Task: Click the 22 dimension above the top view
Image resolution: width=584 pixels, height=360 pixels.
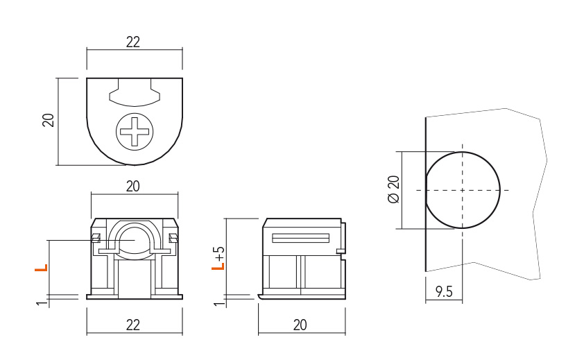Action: pos(133,42)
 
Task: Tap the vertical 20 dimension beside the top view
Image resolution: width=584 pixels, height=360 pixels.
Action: pos(49,120)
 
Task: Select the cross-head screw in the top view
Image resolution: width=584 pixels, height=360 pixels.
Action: pos(135,132)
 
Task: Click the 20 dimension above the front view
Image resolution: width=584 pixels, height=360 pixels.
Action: pos(133,186)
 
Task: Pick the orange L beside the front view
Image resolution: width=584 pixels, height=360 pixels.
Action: pos(42,268)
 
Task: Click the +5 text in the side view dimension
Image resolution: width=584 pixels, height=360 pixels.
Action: pos(220,253)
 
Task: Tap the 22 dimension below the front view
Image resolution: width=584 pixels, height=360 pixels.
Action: pos(133,325)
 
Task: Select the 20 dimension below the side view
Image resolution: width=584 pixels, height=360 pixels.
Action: pos(300,325)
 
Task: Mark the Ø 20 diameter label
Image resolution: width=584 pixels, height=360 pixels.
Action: pos(394,189)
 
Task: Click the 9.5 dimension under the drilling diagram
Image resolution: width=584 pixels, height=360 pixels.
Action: pos(444,292)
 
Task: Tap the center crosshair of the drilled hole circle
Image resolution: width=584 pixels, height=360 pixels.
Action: pos(462,191)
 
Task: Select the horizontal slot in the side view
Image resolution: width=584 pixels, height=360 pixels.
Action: pos(301,238)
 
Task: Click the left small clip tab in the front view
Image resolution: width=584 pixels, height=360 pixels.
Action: pos(96,238)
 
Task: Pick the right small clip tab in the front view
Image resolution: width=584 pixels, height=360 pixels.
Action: pos(173,238)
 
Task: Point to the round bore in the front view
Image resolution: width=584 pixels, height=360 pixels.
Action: pos(135,239)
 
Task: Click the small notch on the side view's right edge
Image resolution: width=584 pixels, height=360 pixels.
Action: pos(340,252)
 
